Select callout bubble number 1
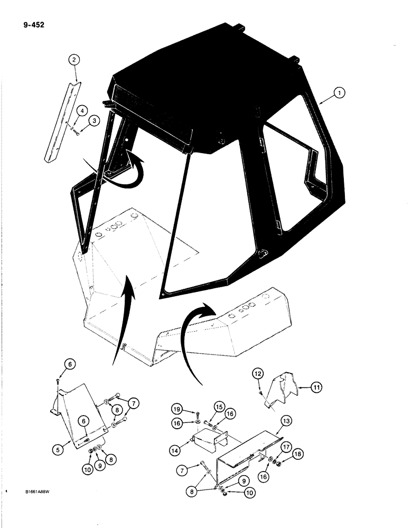point(339,93)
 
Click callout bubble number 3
point(94,121)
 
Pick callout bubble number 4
point(82,110)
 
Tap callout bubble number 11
point(316,388)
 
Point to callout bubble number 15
point(220,406)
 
